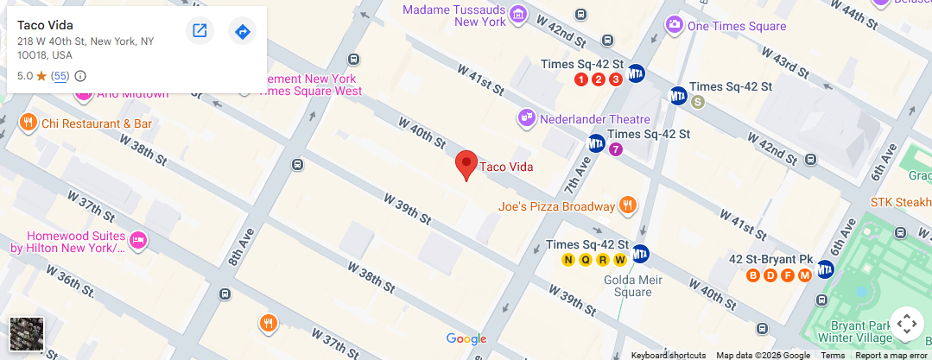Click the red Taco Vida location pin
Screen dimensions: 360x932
pyautogui.click(x=466, y=164)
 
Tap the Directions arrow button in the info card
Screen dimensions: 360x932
pyautogui.click(x=243, y=32)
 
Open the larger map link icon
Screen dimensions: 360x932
pyautogui.click(x=200, y=32)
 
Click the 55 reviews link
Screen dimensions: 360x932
pyautogui.click(x=60, y=76)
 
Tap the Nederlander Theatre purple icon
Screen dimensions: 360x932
pyautogui.click(x=525, y=117)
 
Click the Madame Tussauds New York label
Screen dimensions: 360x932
pyautogui.click(x=455, y=15)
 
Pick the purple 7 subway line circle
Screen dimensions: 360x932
pyautogui.click(x=615, y=149)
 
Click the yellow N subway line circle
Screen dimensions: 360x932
pyautogui.click(x=568, y=260)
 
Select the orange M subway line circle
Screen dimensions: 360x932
pyautogui.click(x=805, y=275)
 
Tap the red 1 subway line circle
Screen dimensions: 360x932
pyautogui.click(x=581, y=79)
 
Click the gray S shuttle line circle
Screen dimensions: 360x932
pyautogui.click(x=698, y=102)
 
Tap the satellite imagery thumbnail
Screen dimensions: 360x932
pyautogui.click(x=26, y=334)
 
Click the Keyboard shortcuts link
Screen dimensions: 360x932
pyautogui.click(x=668, y=355)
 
